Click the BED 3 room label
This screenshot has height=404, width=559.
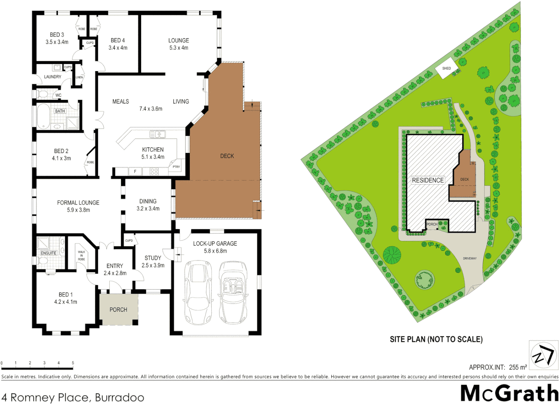[x=57, y=35]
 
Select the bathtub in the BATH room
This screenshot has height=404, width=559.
[x=43, y=116]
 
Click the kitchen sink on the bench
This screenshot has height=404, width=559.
[x=158, y=134]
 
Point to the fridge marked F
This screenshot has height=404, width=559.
[x=135, y=172]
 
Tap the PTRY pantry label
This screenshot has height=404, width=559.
[x=176, y=166]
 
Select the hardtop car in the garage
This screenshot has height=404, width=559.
[x=198, y=292]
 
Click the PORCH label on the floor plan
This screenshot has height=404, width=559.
[x=118, y=310]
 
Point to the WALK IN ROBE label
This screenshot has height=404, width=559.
[x=81, y=255]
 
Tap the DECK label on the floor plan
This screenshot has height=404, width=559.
[x=227, y=156]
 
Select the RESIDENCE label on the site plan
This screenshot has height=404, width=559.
[x=428, y=180]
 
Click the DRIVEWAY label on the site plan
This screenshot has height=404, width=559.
[x=470, y=258]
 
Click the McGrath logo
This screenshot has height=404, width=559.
[x=509, y=393]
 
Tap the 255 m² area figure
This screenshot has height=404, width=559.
[x=518, y=367]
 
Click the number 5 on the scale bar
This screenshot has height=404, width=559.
[x=73, y=363]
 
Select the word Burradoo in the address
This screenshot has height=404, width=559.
[x=119, y=397]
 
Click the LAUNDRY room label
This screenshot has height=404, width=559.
[x=53, y=77]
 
